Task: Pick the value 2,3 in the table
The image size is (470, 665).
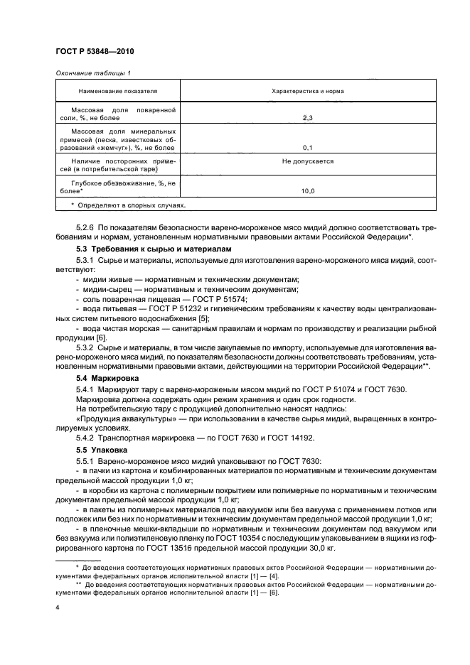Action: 308,118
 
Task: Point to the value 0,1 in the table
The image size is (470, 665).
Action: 308,147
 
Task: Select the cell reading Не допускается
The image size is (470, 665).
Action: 308,161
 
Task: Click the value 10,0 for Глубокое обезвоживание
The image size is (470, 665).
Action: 308,191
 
